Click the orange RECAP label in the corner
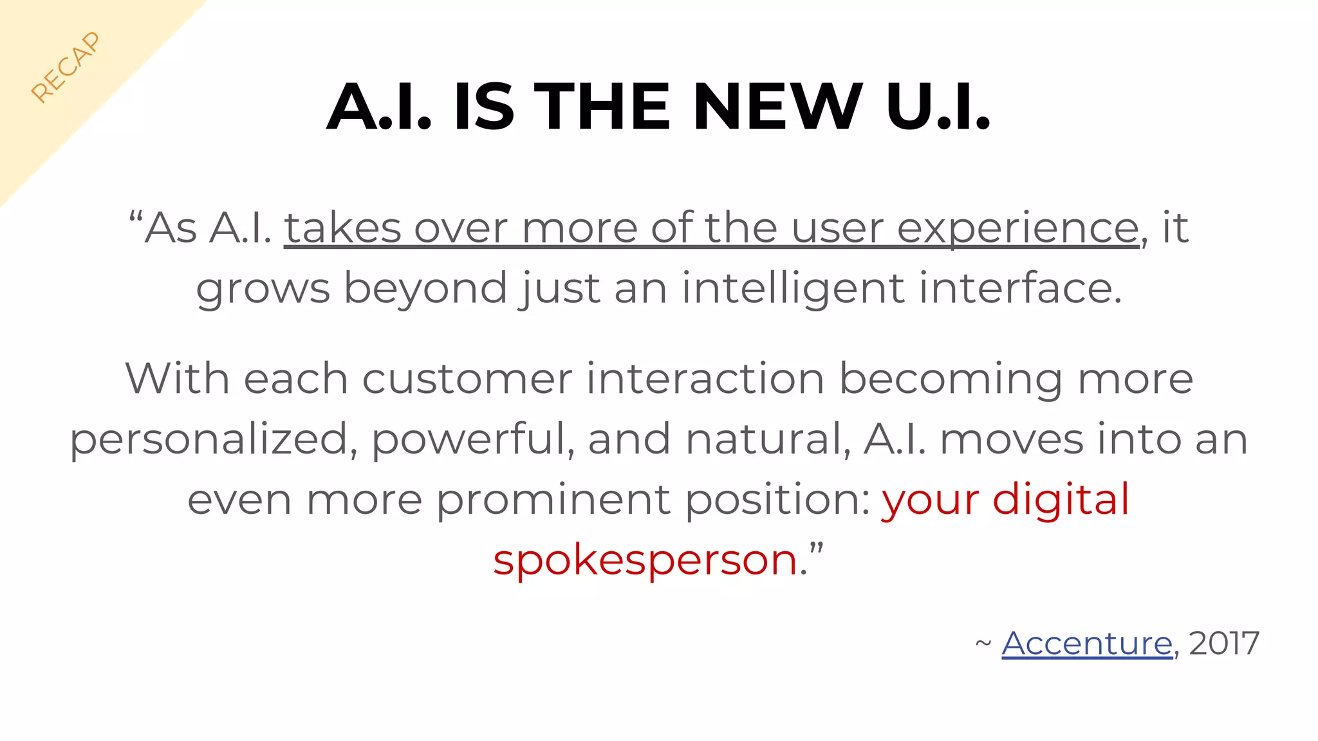[66, 67]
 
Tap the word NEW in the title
[777, 107]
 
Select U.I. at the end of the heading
[938, 107]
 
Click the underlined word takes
[343, 228]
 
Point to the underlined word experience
[1017, 228]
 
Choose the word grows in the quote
[263, 289]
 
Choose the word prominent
[553, 500]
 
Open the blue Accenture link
[1087, 643]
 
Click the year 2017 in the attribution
[1224, 643]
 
